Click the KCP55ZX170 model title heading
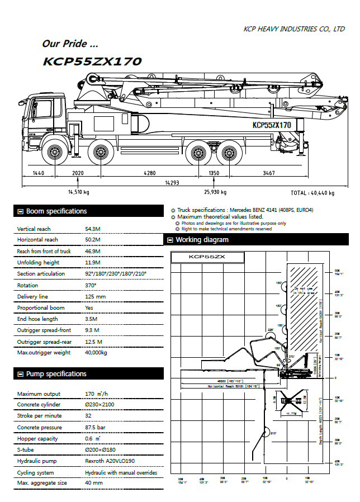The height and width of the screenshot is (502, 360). (92, 61)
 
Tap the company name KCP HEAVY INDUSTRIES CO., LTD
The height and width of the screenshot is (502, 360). (294, 29)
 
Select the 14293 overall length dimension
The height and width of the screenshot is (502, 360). (172, 183)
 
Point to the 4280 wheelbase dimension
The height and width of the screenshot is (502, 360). (149, 173)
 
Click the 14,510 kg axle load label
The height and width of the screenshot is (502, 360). (78, 192)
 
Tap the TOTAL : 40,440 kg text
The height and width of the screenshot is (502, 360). (312, 193)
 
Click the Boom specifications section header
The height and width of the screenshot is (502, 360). (56, 211)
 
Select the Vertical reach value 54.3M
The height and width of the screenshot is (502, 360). (93, 229)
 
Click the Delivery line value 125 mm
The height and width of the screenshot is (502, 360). (95, 296)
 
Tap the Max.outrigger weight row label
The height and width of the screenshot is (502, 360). (44, 353)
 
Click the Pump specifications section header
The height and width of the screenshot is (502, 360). (56, 373)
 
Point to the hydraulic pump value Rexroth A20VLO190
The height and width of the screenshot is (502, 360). (110, 461)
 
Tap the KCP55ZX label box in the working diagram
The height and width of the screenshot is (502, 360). (207, 257)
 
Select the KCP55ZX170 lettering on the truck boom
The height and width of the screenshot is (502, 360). (272, 125)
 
